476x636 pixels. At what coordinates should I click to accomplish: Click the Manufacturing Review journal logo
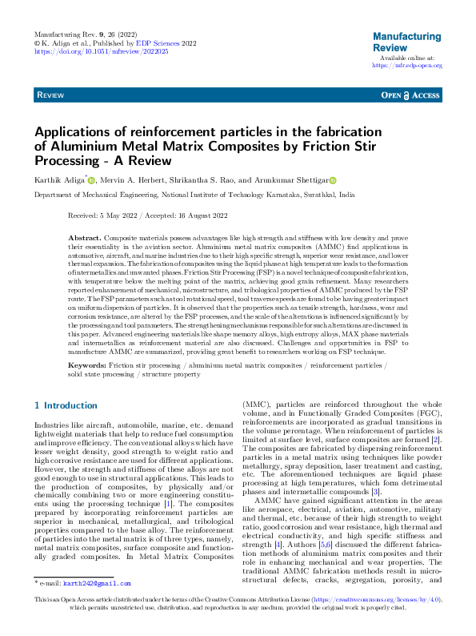406,42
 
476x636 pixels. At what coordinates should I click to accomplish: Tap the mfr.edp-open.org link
407,66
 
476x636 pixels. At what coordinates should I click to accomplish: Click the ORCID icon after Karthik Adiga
92,181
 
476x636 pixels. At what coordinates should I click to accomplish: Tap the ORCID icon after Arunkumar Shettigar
333,181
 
